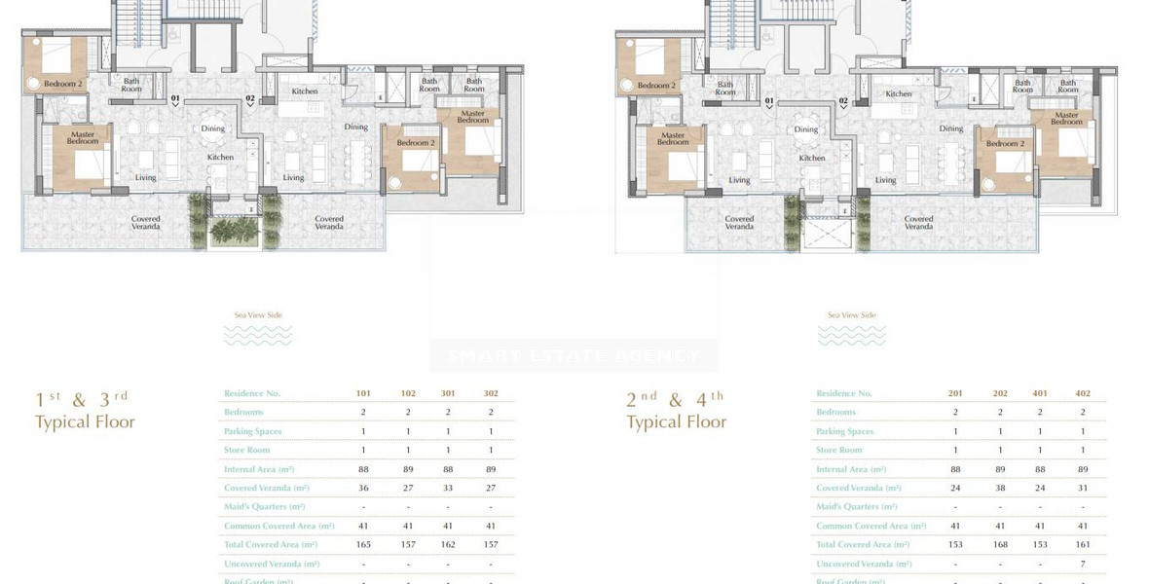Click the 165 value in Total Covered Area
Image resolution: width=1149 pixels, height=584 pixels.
tap(364, 545)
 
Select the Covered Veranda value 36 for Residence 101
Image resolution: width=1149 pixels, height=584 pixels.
tap(364, 488)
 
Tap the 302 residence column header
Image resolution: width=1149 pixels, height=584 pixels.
tap(491, 393)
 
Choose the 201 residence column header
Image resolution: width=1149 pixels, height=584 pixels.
tap(955, 393)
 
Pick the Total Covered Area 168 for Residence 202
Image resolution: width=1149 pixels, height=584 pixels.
tap(1000, 545)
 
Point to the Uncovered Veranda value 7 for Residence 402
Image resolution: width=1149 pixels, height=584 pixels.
tap(1083, 564)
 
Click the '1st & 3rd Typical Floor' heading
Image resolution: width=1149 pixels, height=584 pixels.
tap(85, 411)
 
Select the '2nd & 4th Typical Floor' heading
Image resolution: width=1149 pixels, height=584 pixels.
tap(677, 411)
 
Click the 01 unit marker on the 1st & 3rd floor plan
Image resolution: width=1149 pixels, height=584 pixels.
tap(176, 99)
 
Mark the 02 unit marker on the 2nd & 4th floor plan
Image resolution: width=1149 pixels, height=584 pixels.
tap(843, 101)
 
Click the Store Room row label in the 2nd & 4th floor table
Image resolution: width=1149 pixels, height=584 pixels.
tap(839, 450)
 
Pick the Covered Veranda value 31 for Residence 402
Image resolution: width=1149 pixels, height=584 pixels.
tap(1083, 488)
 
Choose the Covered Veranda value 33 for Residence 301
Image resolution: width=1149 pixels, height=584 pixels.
tap(448, 488)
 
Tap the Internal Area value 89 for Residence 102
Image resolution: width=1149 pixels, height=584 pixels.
tap(408, 469)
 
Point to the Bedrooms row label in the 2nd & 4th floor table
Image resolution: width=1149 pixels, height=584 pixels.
tap(836, 412)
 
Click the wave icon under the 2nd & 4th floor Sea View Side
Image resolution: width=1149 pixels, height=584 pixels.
tap(851, 336)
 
